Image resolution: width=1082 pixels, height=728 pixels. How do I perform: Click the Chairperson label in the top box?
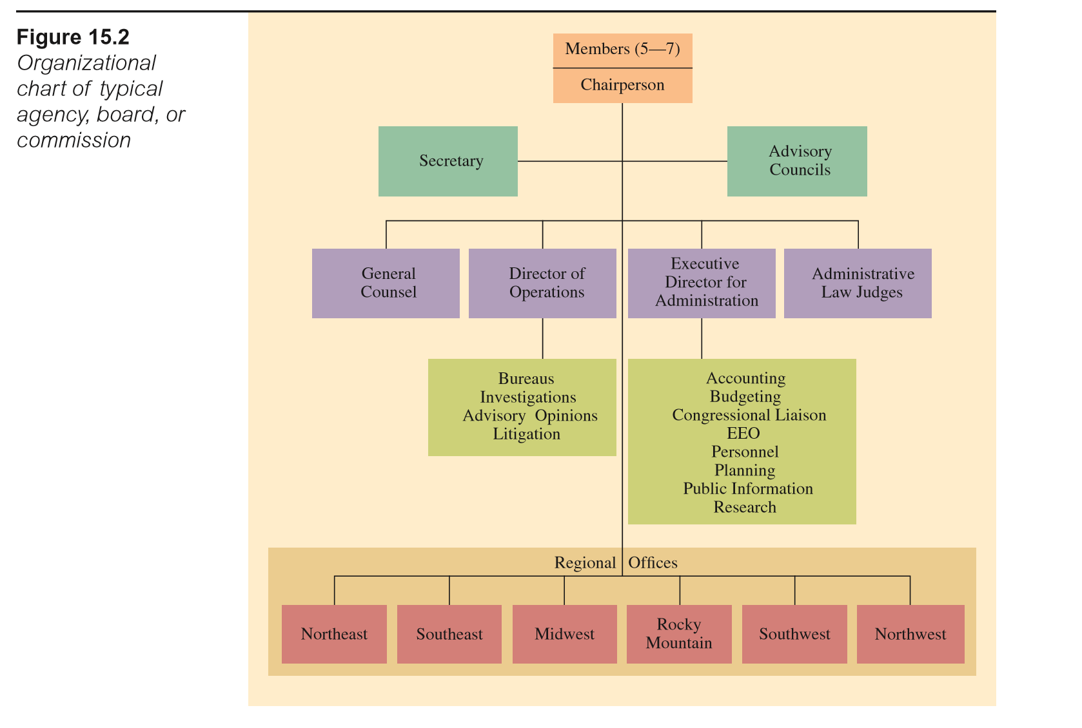coord(622,85)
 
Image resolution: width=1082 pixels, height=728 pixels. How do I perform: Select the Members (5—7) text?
coord(622,49)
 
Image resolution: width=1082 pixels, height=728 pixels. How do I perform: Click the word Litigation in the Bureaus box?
coord(526,434)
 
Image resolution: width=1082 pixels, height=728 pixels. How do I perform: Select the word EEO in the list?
coord(743,434)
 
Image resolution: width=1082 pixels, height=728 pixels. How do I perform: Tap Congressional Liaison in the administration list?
coord(749,415)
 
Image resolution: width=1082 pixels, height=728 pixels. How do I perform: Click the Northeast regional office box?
coord(334,634)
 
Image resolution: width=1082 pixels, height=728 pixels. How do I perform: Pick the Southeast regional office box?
coord(449,634)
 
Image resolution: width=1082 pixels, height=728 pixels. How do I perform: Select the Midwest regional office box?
coord(564,634)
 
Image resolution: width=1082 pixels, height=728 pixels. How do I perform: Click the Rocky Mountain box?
coord(679,634)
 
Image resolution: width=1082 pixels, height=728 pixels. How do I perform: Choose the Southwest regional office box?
coord(794,634)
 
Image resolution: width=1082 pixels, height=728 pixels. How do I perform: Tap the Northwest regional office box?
coord(910,634)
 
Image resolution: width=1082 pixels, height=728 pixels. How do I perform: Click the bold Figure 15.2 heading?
coord(73,37)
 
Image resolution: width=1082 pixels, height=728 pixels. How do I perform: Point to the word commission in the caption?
coord(74,140)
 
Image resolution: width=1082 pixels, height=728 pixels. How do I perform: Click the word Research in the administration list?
coord(745,508)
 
